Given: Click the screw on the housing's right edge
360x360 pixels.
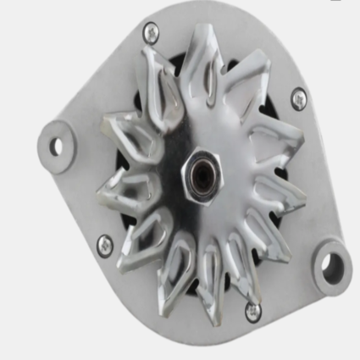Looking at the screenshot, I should point(299,99).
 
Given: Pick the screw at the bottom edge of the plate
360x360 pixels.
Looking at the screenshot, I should point(252,310).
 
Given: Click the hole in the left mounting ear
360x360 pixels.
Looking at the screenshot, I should point(57,146).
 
